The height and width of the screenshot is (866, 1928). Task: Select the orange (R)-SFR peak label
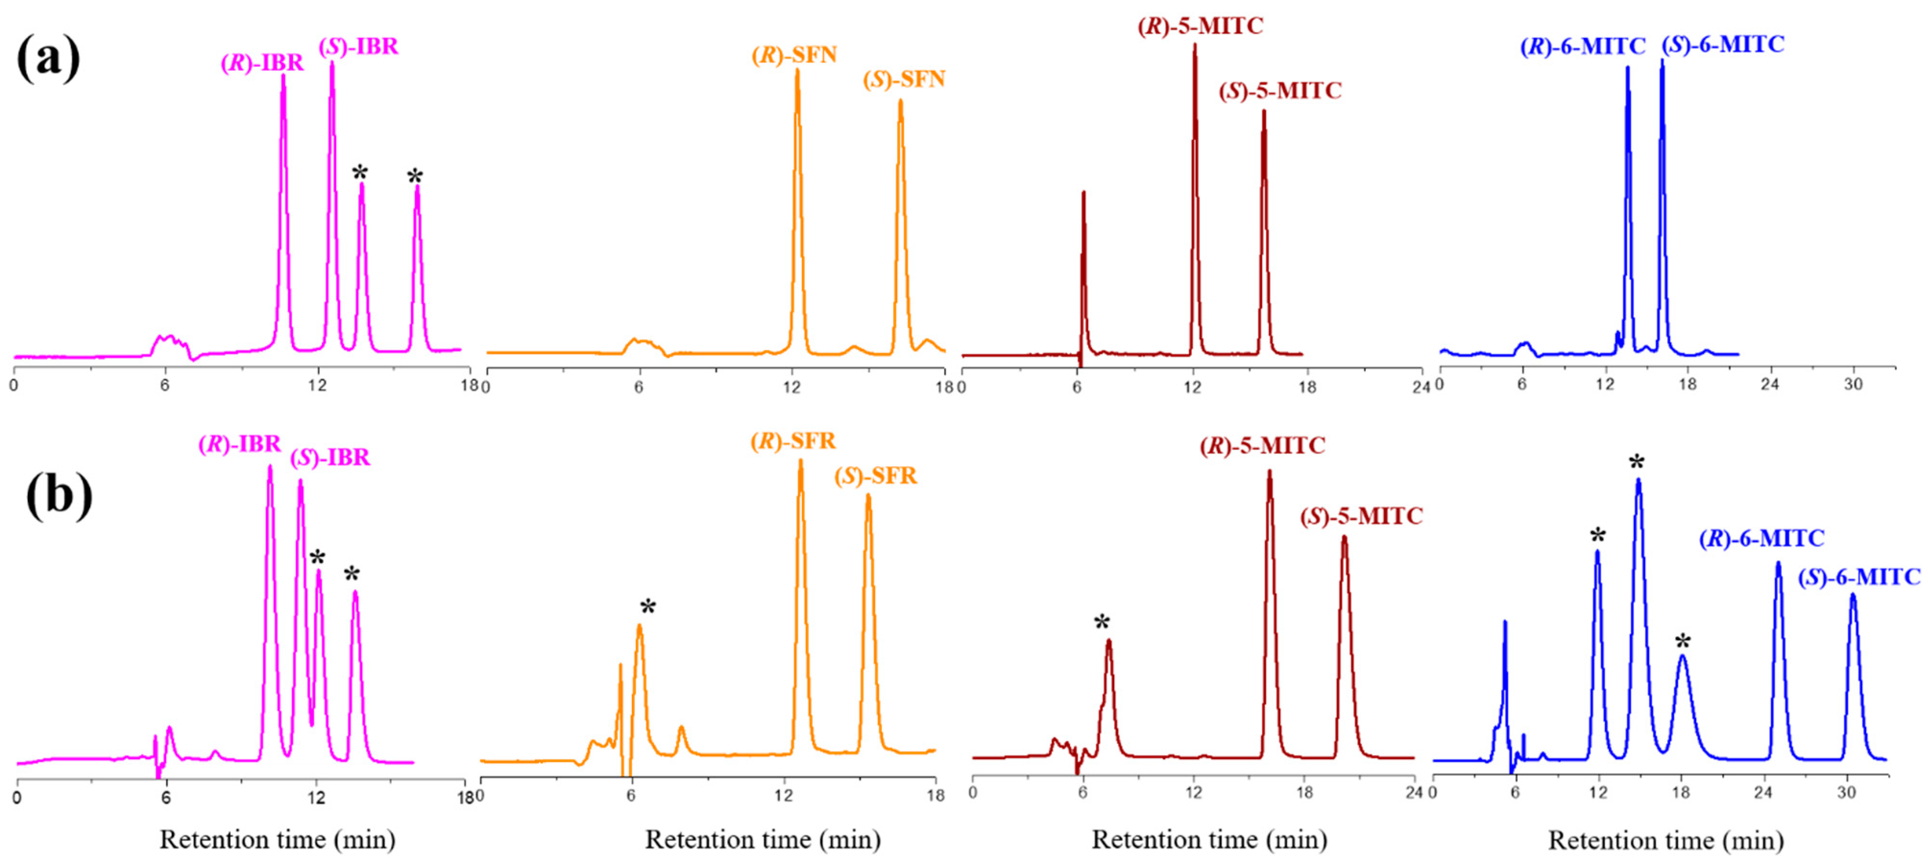click(x=793, y=441)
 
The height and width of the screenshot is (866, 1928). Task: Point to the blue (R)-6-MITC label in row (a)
click(x=1582, y=47)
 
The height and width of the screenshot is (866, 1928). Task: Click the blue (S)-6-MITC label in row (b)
click(x=1859, y=577)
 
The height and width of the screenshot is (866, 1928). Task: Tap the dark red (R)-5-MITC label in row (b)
click(x=1262, y=446)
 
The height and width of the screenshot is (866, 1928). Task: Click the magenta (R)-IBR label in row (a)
click(x=262, y=63)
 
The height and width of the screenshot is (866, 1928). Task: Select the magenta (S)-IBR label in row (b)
click(x=330, y=457)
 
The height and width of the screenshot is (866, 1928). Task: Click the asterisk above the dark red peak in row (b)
click(x=1102, y=623)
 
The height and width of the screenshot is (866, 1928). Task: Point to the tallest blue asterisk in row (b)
click(x=1637, y=463)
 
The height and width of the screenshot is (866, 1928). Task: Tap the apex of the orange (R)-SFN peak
click(x=797, y=71)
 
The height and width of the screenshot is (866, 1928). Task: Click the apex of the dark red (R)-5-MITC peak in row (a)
click(x=1195, y=45)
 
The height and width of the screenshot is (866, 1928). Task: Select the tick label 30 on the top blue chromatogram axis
click(x=1853, y=385)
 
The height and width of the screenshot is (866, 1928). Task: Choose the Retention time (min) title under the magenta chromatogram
click(x=277, y=840)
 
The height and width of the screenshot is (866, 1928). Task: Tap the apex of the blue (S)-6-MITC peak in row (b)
click(x=1853, y=595)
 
